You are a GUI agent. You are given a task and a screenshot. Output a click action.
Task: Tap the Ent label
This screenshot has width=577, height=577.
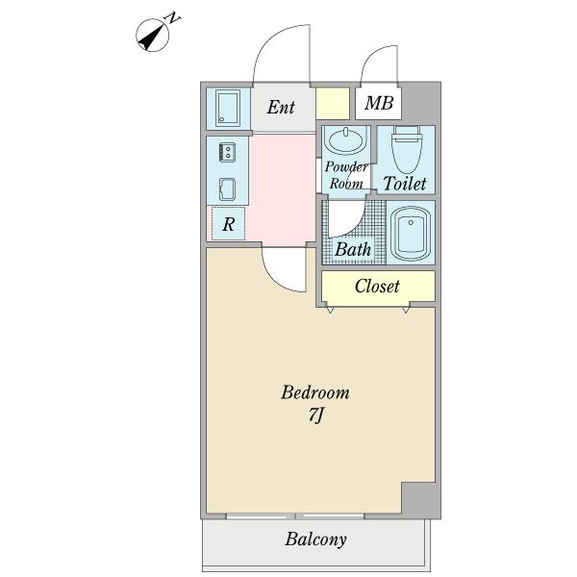[281, 107]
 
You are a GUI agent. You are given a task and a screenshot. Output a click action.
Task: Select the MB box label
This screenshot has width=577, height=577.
[378, 103]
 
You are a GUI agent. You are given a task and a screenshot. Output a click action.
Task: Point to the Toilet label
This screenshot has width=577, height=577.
[405, 183]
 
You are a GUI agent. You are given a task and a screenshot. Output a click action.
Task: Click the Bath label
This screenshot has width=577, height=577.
[352, 249]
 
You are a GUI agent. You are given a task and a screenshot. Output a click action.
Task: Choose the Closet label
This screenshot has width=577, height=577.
[377, 286]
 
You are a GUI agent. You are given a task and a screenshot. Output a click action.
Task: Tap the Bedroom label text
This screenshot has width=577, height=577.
[314, 393]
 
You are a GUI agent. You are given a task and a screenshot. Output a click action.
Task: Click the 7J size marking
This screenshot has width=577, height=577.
[314, 417]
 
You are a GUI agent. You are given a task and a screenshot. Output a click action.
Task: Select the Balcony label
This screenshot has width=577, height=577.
[314, 539]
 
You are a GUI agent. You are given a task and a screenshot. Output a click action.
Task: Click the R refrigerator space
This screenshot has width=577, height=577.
[228, 224]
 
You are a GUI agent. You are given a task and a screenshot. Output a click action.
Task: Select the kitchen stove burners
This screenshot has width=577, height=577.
[229, 152]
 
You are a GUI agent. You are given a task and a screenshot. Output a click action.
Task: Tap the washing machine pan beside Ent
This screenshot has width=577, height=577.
[229, 107]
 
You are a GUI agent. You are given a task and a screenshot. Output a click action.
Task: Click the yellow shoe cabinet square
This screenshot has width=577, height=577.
[333, 102]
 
